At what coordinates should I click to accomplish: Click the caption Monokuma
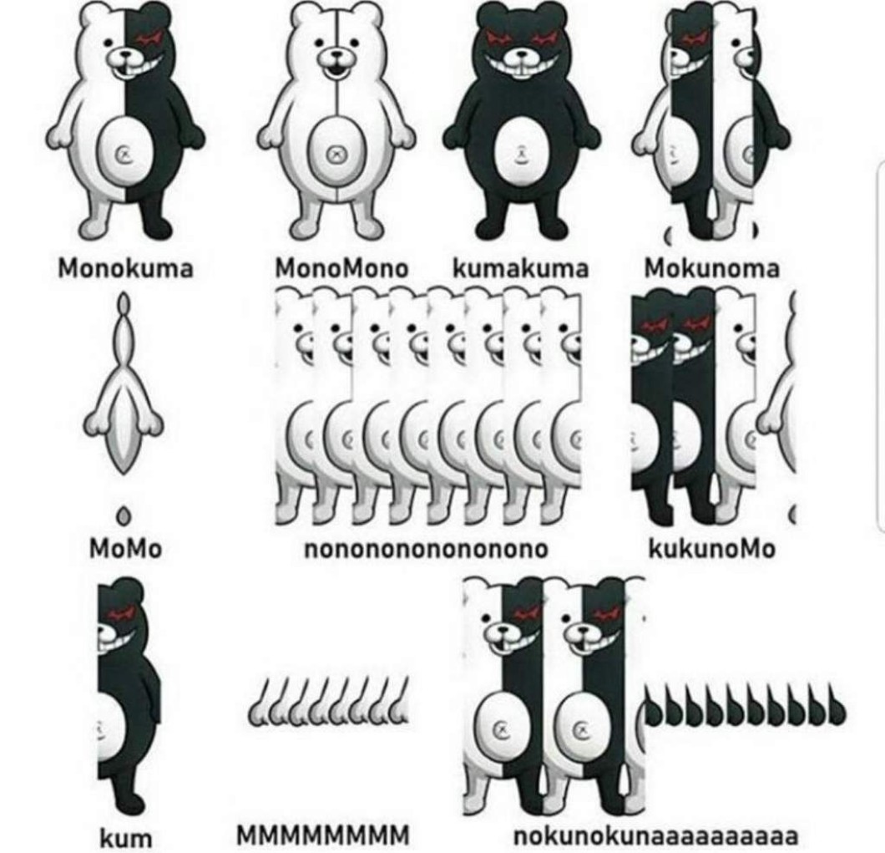point(125,267)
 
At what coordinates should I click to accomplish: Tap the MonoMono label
point(341,267)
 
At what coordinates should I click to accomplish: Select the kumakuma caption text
point(520,267)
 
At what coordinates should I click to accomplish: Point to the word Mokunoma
point(711,267)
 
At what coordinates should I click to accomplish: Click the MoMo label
point(125,548)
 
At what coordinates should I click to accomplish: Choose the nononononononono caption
point(426,549)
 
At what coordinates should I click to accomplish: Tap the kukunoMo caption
point(711,548)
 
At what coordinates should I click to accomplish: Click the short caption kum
point(126,836)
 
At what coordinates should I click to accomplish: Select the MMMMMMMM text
point(323,835)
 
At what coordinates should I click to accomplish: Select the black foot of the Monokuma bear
point(157,226)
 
